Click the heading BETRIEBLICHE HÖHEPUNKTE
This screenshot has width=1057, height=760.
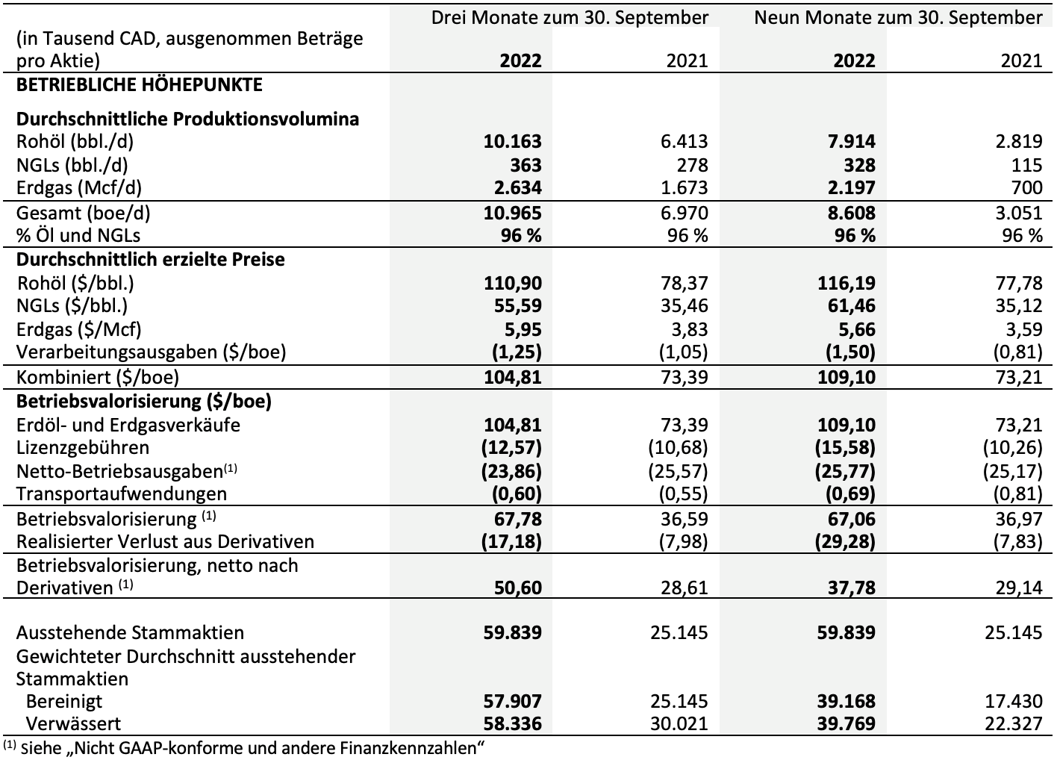pos(139,85)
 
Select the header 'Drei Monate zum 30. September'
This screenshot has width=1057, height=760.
pos(570,18)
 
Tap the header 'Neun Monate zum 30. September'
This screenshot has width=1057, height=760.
pos(899,18)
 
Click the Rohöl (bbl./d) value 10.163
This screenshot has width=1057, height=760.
pos(513,142)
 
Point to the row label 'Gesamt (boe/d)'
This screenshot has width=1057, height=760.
pos(83,214)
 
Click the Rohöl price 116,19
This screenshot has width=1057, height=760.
pos(846,283)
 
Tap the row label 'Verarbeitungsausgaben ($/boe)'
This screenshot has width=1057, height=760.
pos(151,352)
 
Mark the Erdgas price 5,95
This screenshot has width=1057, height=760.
pos(523,329)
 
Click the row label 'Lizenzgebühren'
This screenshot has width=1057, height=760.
pos(83,447)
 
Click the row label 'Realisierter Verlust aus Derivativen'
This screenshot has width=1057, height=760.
pos(165,541)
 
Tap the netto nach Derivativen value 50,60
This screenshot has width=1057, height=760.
pos(518,588)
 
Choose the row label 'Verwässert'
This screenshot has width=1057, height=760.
pos(73,723)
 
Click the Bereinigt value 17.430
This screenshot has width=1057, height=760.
pos(1014,702)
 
